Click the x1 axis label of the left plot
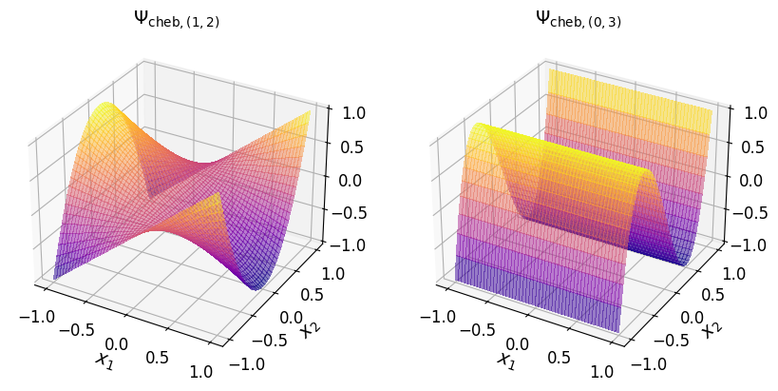click(104, 360)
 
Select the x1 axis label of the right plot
click(506, 360)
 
